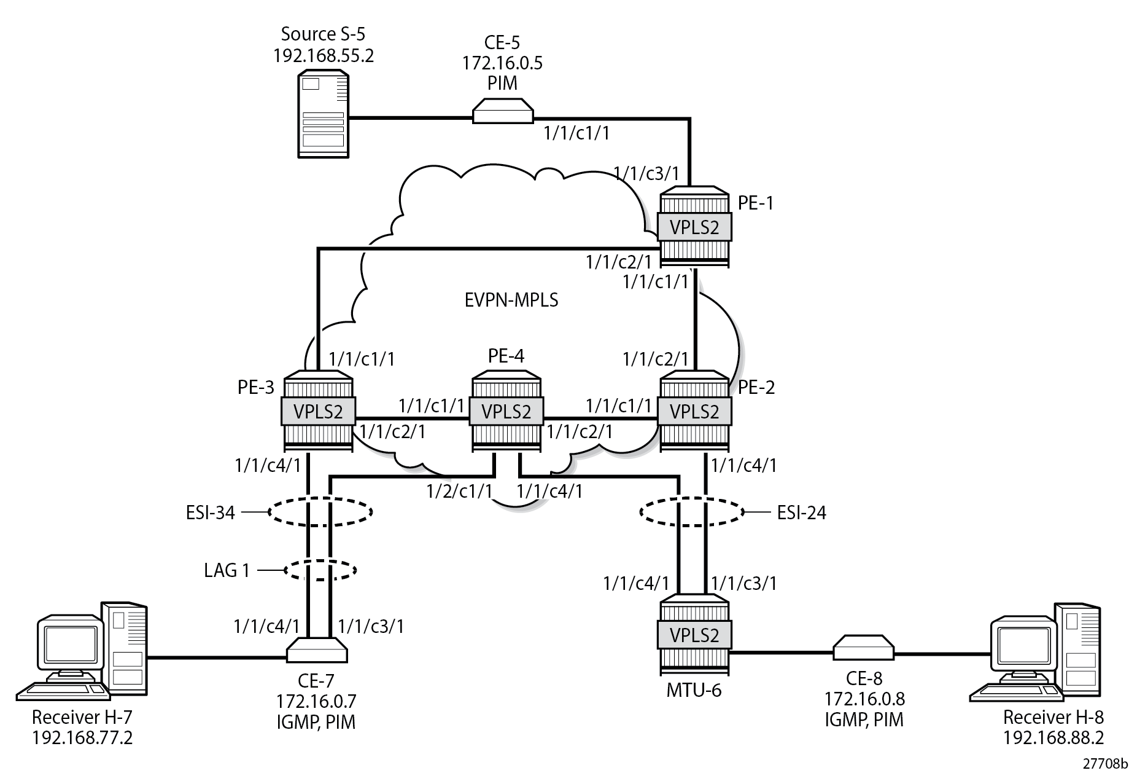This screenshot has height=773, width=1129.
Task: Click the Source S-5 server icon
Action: click(x=323, y=114)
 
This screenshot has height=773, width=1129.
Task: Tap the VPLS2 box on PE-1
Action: click(x=694, y=227)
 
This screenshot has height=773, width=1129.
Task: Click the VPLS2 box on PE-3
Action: click(x=318, y=411)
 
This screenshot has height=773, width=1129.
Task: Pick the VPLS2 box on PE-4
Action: click(x=506, y=411)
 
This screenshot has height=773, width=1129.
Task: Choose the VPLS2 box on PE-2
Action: click(x=694, y=411)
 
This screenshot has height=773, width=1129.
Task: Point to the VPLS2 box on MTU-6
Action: click(x=694, y=635)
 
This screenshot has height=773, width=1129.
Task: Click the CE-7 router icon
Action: click(x=317, y=650)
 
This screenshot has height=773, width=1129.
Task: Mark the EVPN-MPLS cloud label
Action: click(x=511, y=300)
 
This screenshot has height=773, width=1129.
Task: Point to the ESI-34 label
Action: click(x=211, y=512)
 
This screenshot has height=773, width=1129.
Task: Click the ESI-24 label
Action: click(x=801, y=512)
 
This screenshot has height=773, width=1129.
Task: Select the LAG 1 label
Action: click(x=227, y=571)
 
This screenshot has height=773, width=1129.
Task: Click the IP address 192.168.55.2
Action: click(x=324, y=56)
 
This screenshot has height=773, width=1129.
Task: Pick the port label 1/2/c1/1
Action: click(x=460, y=491)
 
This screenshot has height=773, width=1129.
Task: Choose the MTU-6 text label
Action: click(x=694, y=691)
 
